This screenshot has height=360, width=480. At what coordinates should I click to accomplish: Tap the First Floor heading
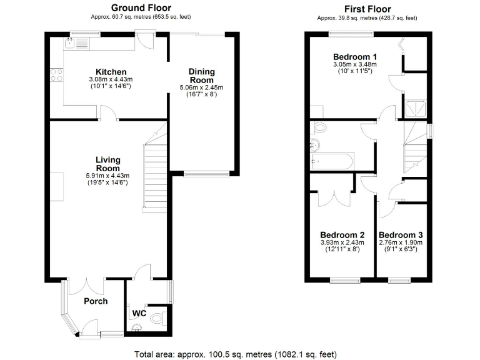[x=367, y=9]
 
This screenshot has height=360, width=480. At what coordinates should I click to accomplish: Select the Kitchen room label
[x=111, y=72]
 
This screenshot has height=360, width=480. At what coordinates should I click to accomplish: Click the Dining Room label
[x=201, y=76]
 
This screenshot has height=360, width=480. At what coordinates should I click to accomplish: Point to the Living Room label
[x=107, y=164]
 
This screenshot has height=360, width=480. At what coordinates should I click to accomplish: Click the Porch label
[x=96, y=301]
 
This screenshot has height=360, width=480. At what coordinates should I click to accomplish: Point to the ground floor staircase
[x=155, y=175]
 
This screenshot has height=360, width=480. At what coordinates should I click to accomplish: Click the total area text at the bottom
[x=236, y=354]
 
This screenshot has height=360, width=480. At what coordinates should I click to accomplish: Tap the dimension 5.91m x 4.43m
[x=107, y=176]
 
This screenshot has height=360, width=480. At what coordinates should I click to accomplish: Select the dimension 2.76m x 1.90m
[x=401, y=242]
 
